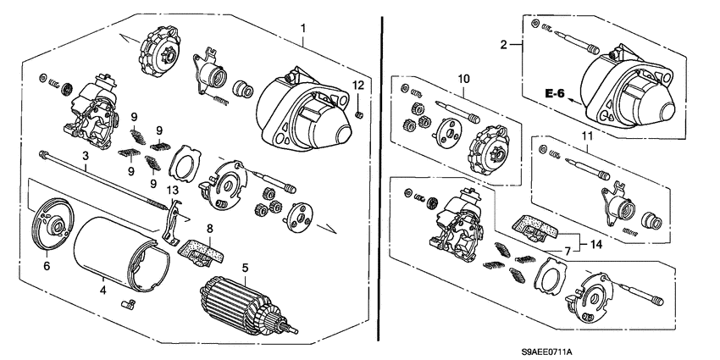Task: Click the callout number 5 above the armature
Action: tap(245, 268)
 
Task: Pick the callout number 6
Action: tap(45, 265)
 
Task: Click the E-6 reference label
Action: tap(555, 94)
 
